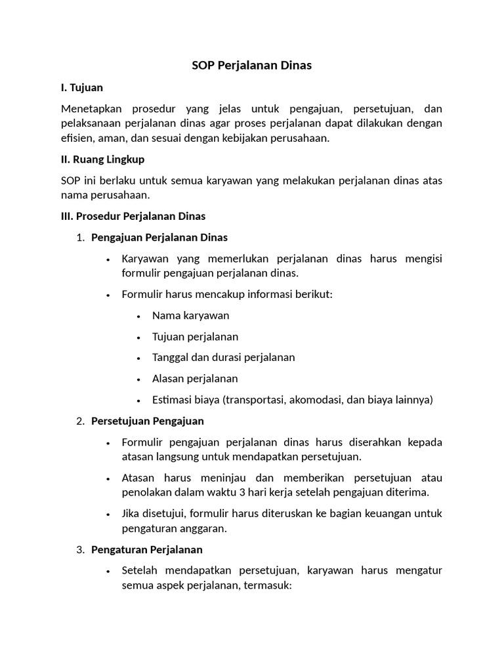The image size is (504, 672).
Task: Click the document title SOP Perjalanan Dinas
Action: (x=251, y=66)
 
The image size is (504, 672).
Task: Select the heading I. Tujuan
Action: (x=81, y=87)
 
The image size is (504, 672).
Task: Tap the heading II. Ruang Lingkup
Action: (x=102, y=159)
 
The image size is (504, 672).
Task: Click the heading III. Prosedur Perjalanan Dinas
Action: (x=133, y=216)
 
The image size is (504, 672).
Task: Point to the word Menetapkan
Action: (x=91, y=108)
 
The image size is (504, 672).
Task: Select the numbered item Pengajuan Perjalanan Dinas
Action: (x=159, y=237)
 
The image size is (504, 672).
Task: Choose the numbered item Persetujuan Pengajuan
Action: (x=148, y=421)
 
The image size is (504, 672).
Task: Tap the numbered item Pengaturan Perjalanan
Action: (x=147, y=549)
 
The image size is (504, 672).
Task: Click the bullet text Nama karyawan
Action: (x=190, y=316)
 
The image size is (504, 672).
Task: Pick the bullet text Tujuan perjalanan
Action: (x=195, y=337)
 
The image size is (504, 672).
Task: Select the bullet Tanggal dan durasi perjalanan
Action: (x=223, y=358)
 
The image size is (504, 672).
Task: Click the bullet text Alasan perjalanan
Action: (x=195, y=379)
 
